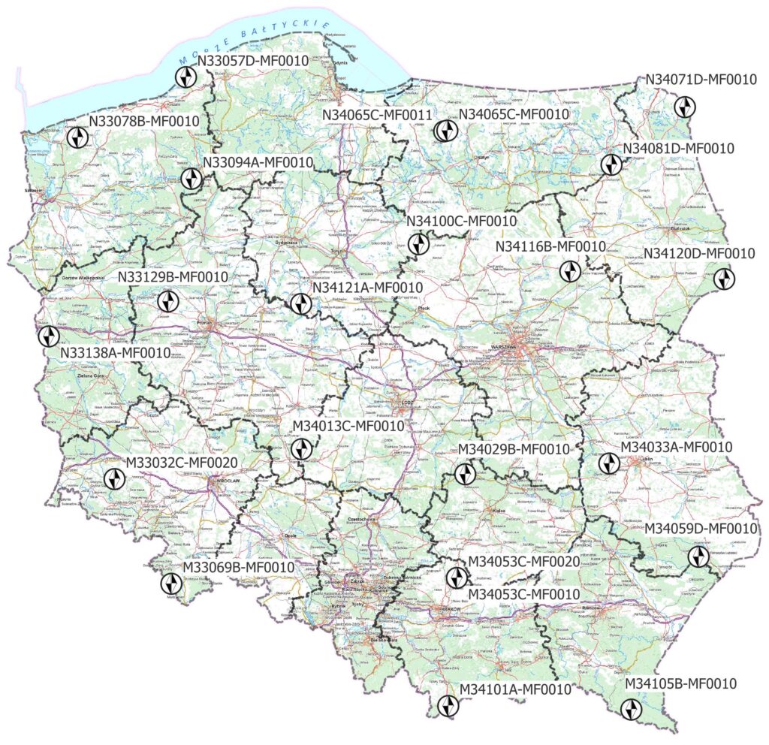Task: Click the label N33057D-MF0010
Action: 254,61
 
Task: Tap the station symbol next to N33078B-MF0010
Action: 77,137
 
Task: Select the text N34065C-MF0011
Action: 377,114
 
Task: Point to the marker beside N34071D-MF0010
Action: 683,107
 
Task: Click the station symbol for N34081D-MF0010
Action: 610,165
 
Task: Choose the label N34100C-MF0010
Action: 461,222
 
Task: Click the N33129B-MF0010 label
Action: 173,278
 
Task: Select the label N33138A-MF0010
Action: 115,351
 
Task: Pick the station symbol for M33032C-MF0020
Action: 114,479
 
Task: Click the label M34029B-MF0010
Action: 514,449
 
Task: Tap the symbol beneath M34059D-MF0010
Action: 699,556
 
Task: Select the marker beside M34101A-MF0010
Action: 448,705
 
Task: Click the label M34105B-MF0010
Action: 680,684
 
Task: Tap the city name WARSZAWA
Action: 504,347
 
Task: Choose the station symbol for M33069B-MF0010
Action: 171,584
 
